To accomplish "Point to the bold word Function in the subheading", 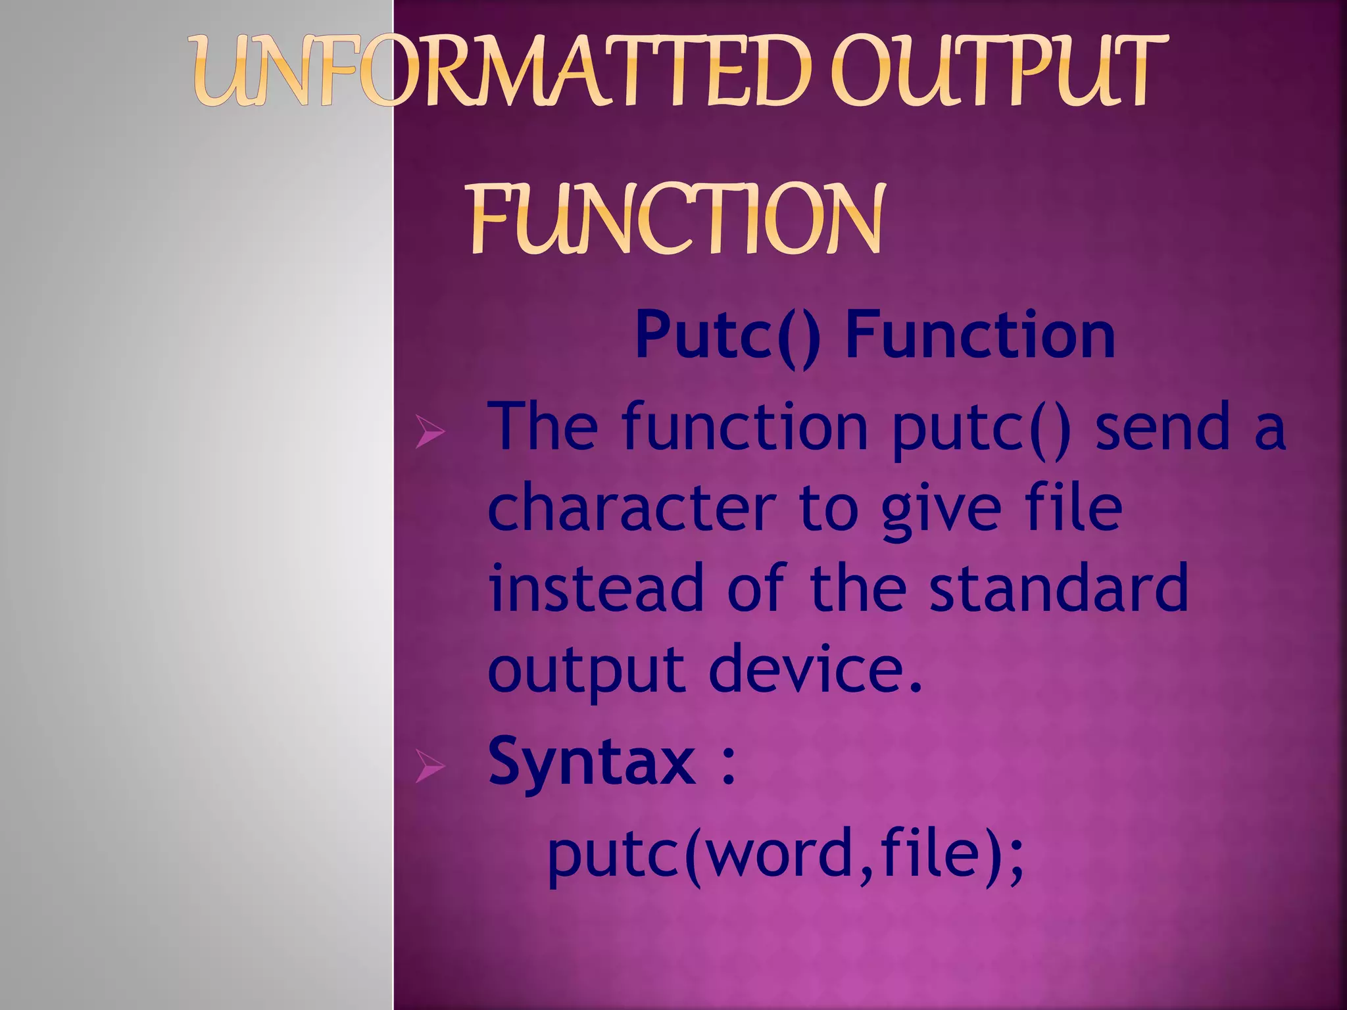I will (x=980, y=335).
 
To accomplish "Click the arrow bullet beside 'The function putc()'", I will (x=430, y=433).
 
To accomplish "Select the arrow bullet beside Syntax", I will (x=430, y=767).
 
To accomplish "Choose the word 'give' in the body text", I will (x=941, y=510).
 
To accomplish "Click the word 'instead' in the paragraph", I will (x=596, y=588).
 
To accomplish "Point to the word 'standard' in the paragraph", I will (x=1058, y=588).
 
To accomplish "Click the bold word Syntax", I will (x=591, y=763).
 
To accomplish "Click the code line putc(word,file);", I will (x=786, y=855).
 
